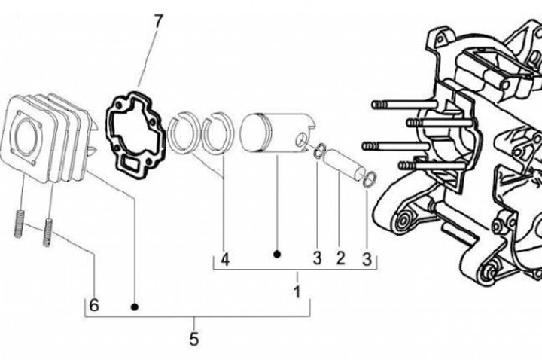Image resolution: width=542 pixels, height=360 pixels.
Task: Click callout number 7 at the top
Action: [158, 20]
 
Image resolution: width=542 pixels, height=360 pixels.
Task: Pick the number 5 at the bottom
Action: [193, 340]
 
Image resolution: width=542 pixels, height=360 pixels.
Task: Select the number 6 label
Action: [93, 306]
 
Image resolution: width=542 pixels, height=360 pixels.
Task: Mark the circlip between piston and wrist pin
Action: [319, 151]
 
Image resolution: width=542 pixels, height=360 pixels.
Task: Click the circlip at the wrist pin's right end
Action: [369, 178]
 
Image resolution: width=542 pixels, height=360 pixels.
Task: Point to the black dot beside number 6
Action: [135, 307]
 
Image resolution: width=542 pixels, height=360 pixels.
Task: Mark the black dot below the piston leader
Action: [276, 255]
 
